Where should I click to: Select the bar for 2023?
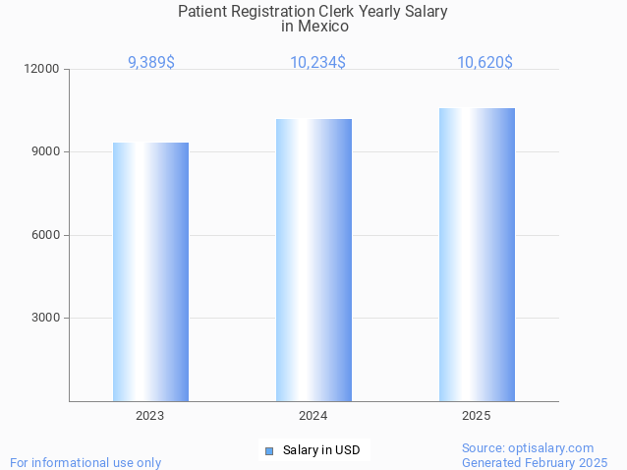(x=150, y=271)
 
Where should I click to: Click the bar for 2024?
(x=313, y=260)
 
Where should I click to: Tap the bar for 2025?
(x=477, y=254)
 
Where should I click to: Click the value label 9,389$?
(x=151, y=63)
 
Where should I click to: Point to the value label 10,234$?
(x=317, y=63)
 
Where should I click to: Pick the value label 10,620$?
(x=484, y=63)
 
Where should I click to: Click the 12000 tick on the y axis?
(x=43, y=69)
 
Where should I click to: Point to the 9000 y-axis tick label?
(x=46, y=152)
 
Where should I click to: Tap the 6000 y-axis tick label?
(x=46, y=235)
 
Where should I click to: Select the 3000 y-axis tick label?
(x=46, y=318)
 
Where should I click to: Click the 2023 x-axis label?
(x=150, y=416)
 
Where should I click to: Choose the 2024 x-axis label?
(x=313, y=416)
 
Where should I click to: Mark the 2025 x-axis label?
(x=477, y=416)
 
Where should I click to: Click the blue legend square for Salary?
(x=269, y=451)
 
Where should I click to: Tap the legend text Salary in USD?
(x=321, y=451)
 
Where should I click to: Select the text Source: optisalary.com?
(x=528, y=447)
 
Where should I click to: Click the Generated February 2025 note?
(x=535, y=462)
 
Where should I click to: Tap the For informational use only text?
(x=85, y=462)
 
